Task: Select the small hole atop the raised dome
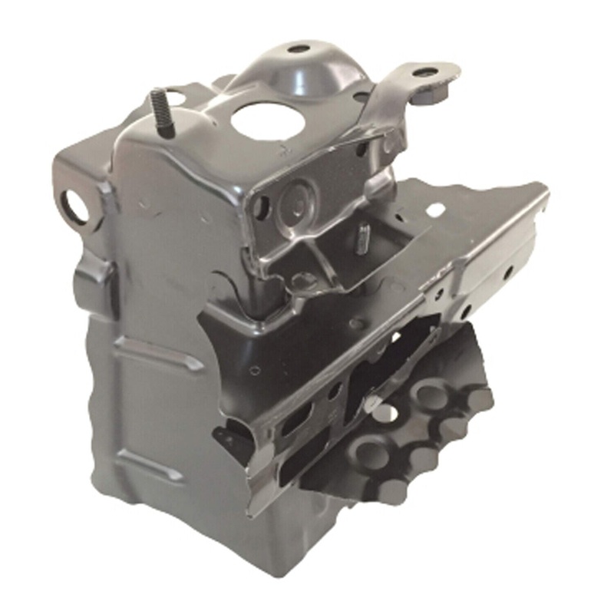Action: point(299,49)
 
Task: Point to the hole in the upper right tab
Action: point(425,73)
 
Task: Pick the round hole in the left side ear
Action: point(75,206)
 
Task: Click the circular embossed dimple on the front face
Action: point(296,202)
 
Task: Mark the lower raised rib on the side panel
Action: point(150,464)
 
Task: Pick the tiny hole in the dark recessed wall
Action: point(255,371)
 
